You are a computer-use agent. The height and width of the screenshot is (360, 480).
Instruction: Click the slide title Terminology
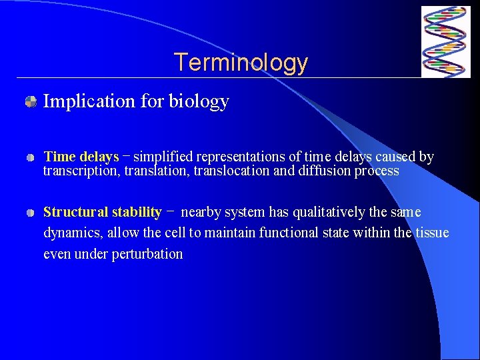pos(241,63)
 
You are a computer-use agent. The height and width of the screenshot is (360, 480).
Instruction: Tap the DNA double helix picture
pos(445,42)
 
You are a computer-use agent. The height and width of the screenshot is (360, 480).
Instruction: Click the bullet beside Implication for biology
pos(31,102)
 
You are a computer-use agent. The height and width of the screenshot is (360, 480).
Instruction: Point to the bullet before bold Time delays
pos(31,158)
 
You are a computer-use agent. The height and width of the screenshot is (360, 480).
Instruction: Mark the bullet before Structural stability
pos(31,213)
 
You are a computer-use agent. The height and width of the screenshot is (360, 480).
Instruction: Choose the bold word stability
pos(137,213)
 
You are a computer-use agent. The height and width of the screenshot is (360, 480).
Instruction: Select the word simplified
pos(163,157)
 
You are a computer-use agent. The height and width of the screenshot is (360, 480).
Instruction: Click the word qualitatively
pos(327,213)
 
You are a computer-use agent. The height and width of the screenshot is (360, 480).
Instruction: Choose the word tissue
pos(431,233)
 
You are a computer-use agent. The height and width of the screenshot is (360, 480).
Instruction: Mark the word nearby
pos(202,213)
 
